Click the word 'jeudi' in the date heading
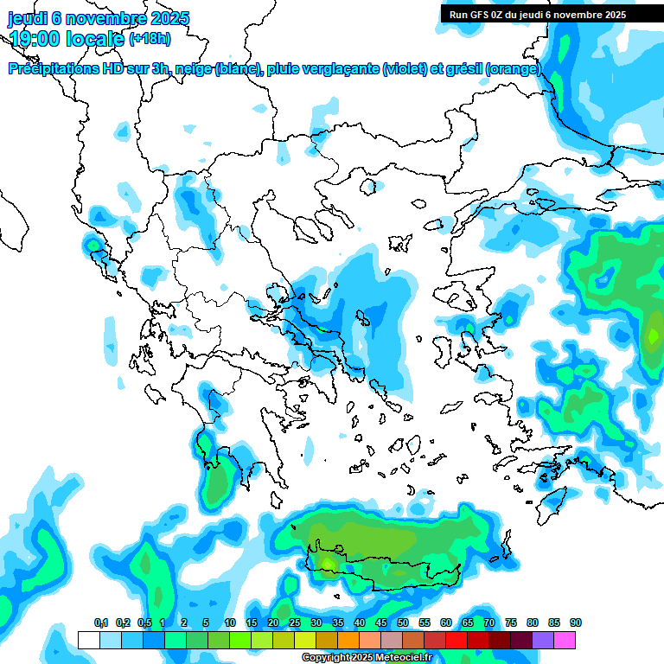coord(28,18)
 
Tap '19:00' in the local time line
coord(35,38)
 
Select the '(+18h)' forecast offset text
coord(150,38)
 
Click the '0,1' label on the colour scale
coord(100,623)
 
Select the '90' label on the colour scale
coord(576,623)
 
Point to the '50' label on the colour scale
coord(403,623)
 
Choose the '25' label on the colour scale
coord(295,623)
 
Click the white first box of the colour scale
coord(88,640)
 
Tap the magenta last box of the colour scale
coord(565,640)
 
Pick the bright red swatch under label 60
coord(456,640)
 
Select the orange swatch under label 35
coord(348,640)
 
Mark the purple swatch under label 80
coord(543,640)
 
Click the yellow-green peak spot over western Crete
coord(328,562)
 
